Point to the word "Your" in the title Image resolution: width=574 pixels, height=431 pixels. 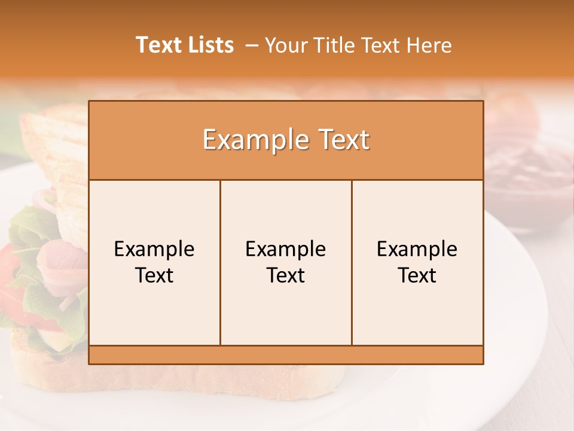point(286,45)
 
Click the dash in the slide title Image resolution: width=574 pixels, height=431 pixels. point(252,45)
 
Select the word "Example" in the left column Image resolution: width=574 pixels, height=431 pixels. point(154,249)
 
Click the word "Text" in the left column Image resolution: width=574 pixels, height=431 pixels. point(154,275)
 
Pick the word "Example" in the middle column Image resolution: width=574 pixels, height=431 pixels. point(286,249)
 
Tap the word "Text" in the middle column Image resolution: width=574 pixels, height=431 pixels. point(286,275)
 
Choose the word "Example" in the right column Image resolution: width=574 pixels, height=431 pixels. point(417,249)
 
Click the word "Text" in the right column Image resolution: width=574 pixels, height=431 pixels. point(417,275)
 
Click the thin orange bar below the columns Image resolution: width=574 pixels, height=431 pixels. point(286,354)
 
